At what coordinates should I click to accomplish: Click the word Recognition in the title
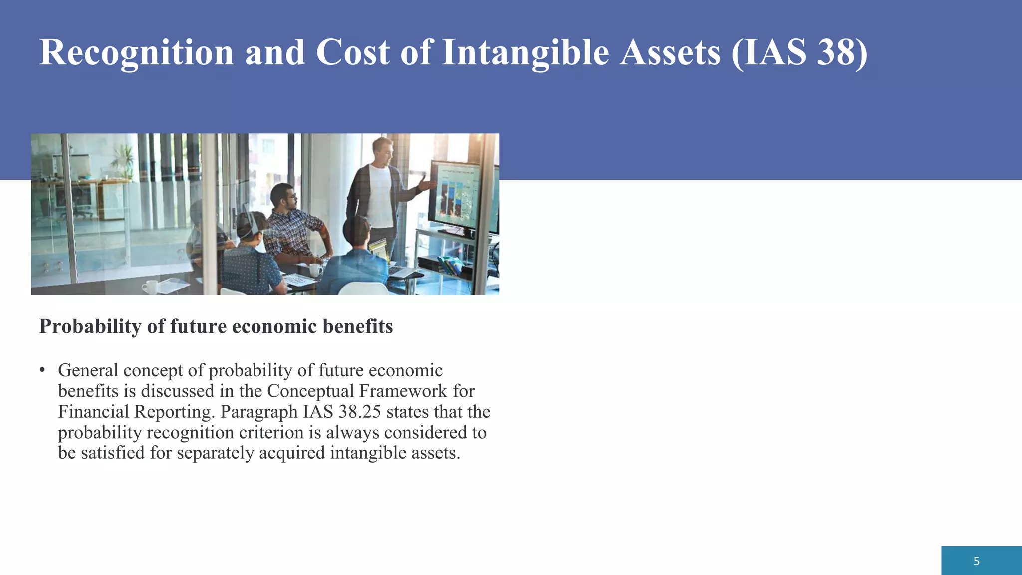tap(136, 53)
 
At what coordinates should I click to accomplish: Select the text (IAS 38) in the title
tap(799, 53)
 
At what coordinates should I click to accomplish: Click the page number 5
tap(976, 561)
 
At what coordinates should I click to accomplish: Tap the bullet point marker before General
tap(43, 370)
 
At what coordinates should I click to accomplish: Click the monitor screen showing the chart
tap(454, 195)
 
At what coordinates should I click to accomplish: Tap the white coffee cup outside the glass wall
tap(150, 287)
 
